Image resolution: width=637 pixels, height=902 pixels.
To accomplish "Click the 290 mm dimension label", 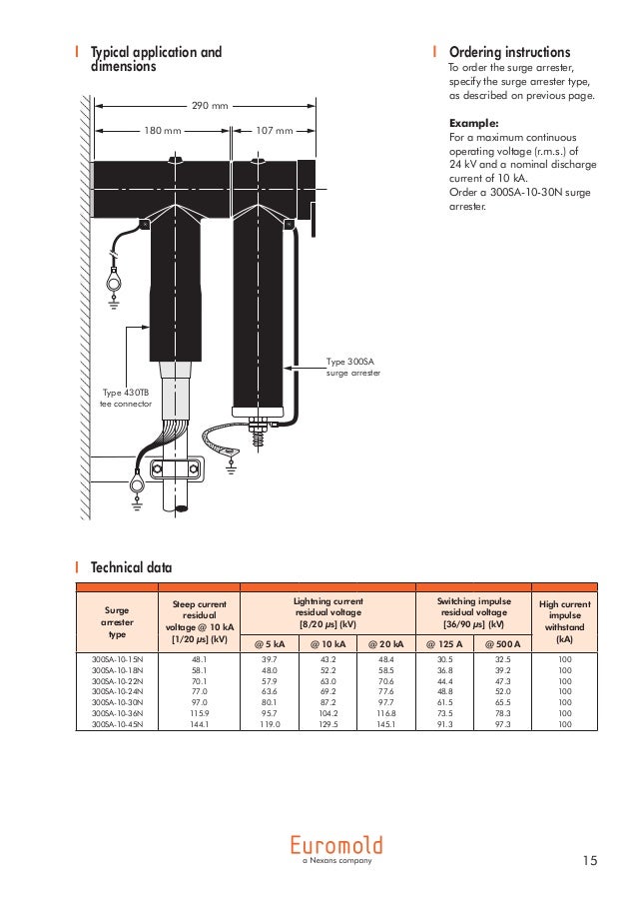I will click(209, 106).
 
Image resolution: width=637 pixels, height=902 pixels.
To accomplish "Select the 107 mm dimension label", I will click(275, 130).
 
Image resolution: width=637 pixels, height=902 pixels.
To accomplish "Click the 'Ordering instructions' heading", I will click(509, 52).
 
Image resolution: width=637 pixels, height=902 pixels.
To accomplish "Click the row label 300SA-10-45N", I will click(117, 724).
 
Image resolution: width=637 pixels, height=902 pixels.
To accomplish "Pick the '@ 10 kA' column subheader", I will click(327, 643).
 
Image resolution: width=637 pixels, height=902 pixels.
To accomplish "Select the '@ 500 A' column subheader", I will click(501, 643).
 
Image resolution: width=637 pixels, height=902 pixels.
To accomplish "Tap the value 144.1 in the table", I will click(200, 724).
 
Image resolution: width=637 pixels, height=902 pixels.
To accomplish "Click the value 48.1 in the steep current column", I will click(200, 659).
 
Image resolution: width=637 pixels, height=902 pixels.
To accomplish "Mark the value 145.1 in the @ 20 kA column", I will click(385, 724).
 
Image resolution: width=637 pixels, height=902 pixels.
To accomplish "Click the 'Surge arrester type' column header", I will click(117, 621).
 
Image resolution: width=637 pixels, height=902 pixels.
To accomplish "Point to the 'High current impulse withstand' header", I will click(564, 621).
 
